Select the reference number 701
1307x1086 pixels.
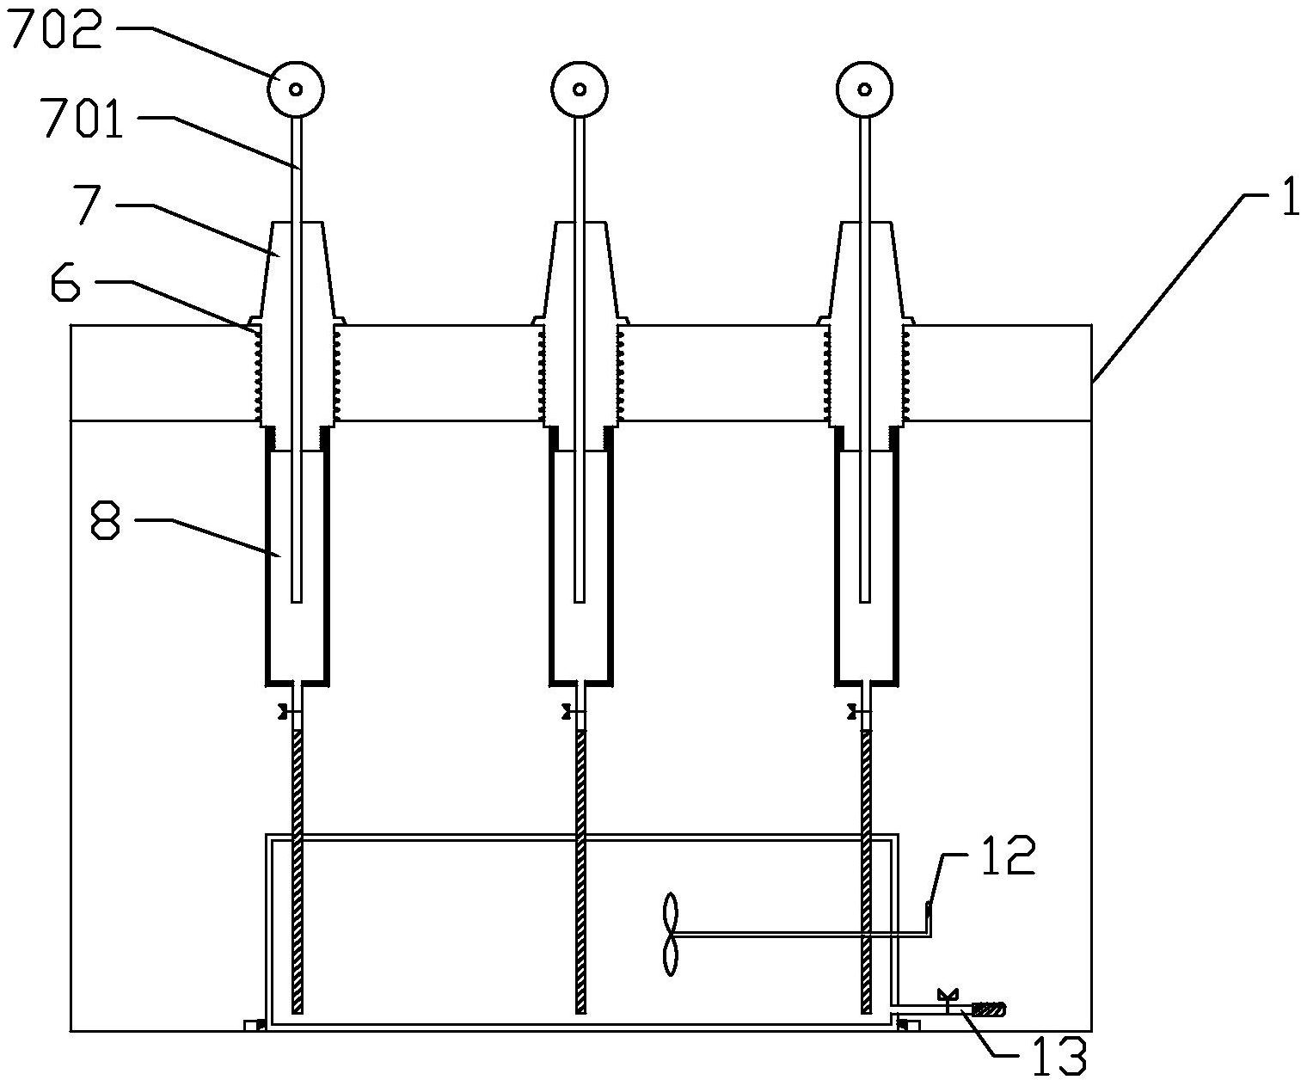pyautogui.click(x=82, y=119)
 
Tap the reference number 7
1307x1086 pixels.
pyautogui.click(x=89, y=205)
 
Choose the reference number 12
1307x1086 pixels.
pyautogui.click(x=1007, y=857)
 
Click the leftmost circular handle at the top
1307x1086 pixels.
pyautogui.click(x=296, y=89)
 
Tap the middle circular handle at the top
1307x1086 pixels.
pyautogui.click(x=580, y=89)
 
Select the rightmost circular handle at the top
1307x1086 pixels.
pyautogui.click(x=864, y=89)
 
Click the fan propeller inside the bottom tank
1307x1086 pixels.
pyautogui.click(x=671, y=934)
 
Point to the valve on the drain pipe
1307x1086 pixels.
pyautogui.click(x=948, y=1001)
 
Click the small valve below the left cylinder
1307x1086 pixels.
pyautogui.click(x=285, y=712)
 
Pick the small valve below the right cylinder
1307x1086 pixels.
pyautogui.click(x=854, y=712)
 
